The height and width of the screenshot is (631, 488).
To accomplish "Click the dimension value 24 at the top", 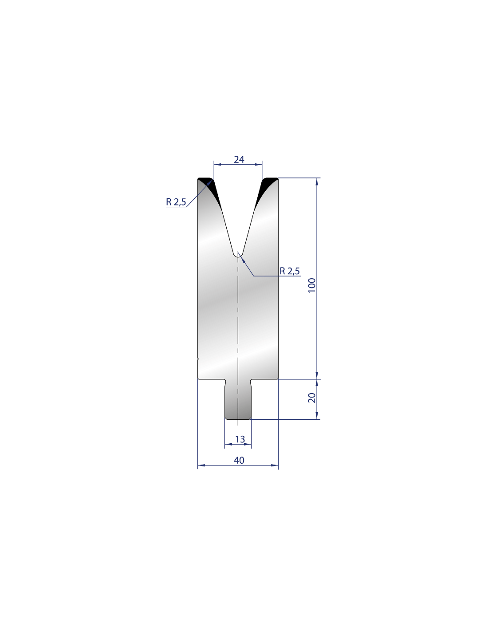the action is coord(239,159).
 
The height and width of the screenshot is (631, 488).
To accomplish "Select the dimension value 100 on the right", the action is coord(312,285).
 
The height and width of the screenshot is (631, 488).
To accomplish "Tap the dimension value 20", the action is coord(312,398).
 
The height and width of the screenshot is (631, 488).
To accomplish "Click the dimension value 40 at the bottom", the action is coord(239,460).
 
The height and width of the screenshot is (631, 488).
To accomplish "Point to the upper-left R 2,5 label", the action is coord(176,201).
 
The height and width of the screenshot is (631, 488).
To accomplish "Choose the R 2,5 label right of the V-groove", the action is coord(289,271).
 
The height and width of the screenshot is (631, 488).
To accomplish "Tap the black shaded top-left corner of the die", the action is coord(209,185).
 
